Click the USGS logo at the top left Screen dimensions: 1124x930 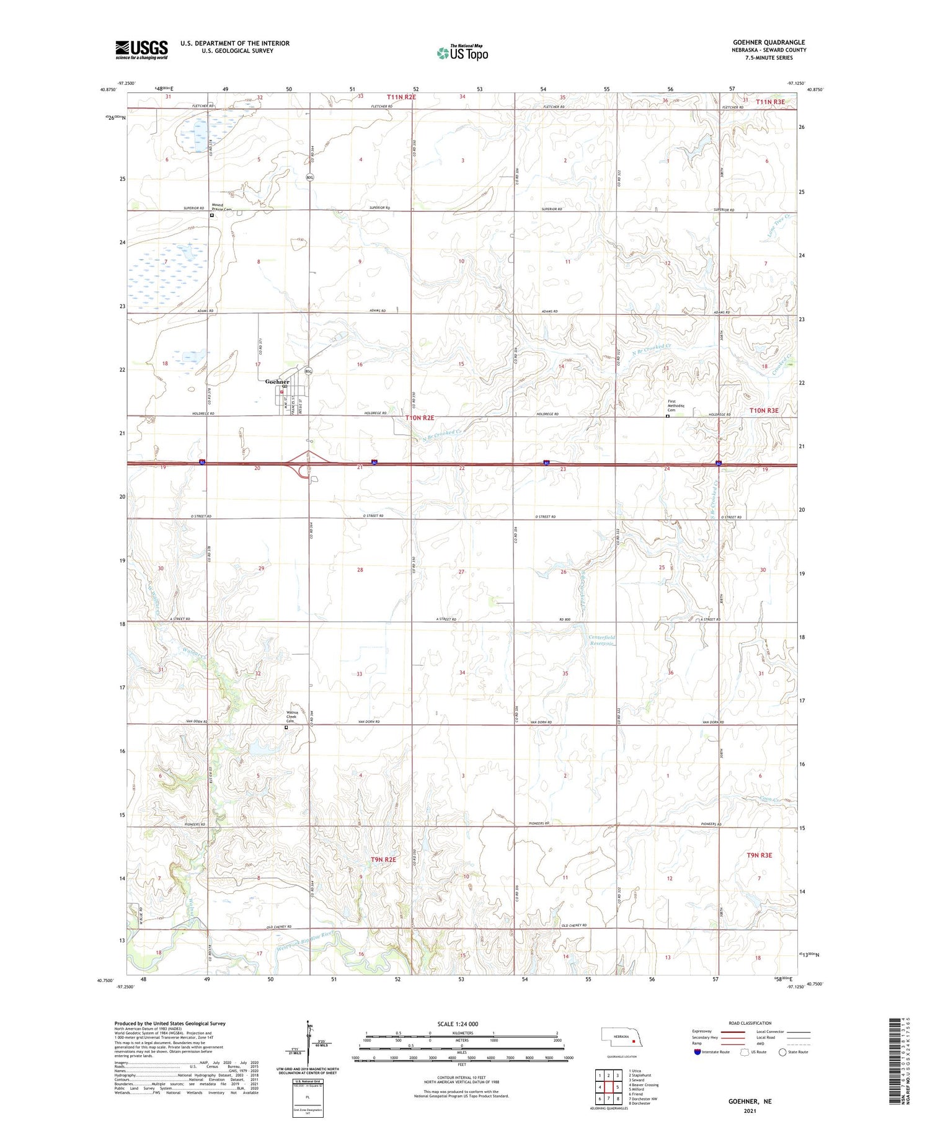(x=141, y=50)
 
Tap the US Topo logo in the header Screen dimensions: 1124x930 (x=463, y=53)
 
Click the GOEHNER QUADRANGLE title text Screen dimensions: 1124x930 (x=769, y=42)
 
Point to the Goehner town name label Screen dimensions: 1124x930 (x=277, y=381)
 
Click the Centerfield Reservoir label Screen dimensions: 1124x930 (x=601, y=640)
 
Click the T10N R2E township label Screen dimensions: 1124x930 (x=420, y=418)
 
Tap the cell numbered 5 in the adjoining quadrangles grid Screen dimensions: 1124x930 (x=618, y=1087)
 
